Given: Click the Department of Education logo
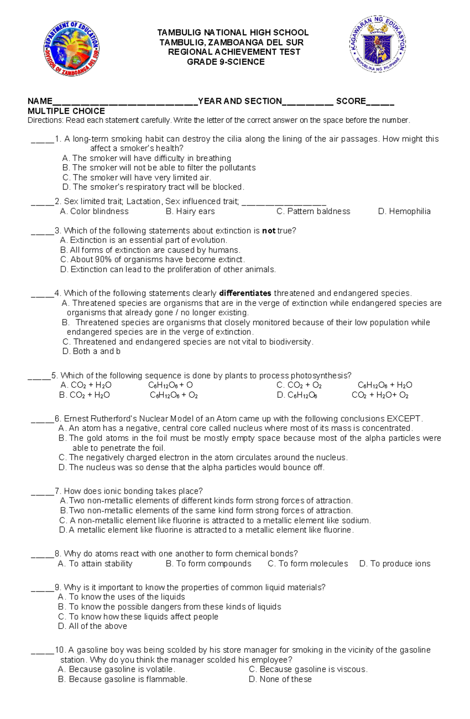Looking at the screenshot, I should point(71,49).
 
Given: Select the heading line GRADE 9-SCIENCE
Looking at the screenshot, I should point(226,62).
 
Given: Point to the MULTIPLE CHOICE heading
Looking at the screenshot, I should point(66,111).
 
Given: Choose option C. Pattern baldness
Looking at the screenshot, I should point(313,212).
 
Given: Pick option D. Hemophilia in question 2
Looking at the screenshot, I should point(404,212).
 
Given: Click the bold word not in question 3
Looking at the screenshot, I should point(269,231).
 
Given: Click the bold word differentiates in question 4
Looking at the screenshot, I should point(245,293).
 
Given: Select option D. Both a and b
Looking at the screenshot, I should point(91,351).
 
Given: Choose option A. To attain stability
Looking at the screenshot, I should point(95,564).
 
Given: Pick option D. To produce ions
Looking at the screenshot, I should point(394,564).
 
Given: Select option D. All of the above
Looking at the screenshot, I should point(92,626).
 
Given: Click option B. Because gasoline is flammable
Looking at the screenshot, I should point(123,679).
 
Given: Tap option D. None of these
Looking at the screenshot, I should point(280,679).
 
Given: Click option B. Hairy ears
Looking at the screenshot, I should point(190,212).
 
